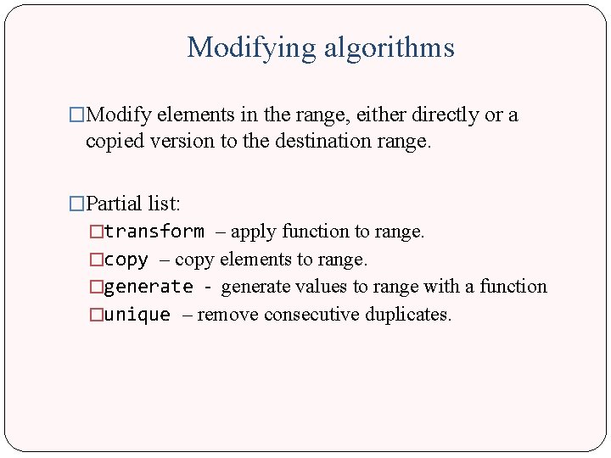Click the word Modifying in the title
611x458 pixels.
coord(250,47)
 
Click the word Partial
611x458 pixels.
coord(115,204)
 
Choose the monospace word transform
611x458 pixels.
coord(154,232)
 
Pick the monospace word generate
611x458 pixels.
coord(149,288)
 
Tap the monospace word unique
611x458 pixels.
coord(137,315)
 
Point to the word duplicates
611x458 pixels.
coord(408,315)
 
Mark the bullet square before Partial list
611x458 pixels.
coord(77,204)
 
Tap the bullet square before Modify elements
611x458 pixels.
coord(77,114)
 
